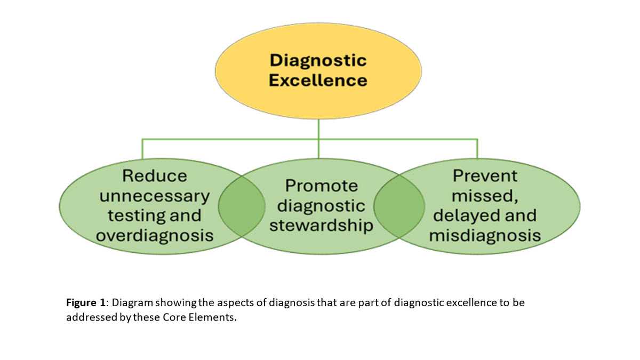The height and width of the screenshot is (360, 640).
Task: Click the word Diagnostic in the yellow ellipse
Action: (318, 60)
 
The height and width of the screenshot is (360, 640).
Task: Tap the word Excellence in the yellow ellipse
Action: (318, 80)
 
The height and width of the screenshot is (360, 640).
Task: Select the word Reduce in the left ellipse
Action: (155, 175)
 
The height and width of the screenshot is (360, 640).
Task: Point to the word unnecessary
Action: (155, 196)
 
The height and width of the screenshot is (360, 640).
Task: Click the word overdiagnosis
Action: (155, 235)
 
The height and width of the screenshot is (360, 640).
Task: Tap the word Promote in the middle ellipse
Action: (321, 186)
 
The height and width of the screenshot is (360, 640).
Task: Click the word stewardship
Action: (321, 225)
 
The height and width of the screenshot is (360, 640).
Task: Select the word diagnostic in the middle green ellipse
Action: (321, 205)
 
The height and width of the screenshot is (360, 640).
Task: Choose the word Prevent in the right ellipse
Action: (485, 175)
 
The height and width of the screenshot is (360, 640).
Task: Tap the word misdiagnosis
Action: (485, 235)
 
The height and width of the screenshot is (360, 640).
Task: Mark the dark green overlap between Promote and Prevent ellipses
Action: (399, 205)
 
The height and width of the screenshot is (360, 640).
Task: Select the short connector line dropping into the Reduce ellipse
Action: (142, 149)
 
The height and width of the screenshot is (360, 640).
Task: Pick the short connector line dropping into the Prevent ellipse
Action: (477, 149)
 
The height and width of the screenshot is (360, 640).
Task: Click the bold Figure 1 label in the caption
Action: (86, 303)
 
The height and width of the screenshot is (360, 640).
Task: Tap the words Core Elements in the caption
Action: (205, 317)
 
